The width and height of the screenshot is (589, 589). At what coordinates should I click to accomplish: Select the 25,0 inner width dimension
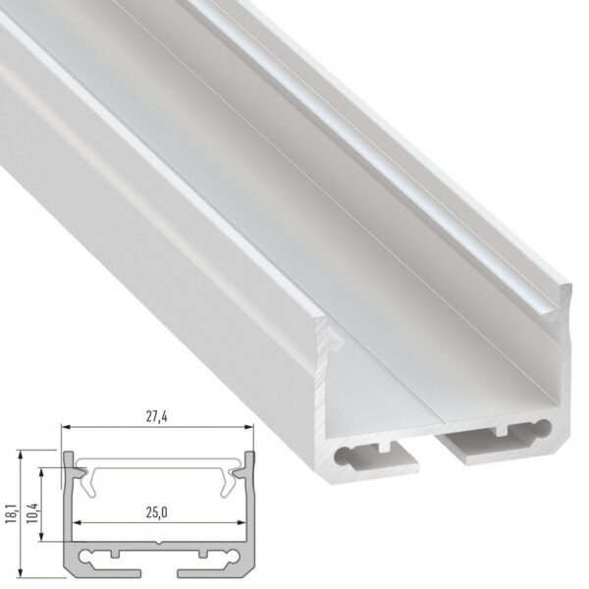point(157,510)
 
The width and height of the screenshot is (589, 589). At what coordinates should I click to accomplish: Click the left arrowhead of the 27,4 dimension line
point(66,427)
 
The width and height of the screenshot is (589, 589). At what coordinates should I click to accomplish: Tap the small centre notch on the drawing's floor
point(157,541)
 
